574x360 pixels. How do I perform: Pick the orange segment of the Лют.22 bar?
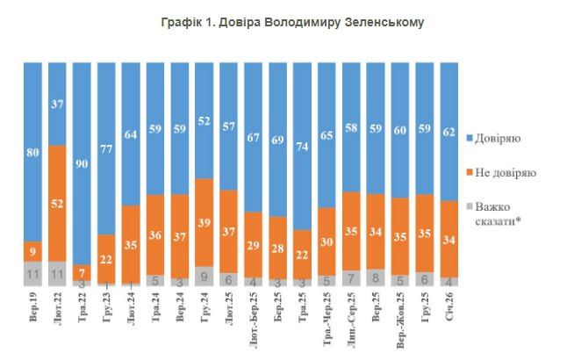coord(57,203)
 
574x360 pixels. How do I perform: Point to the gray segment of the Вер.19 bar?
coord(32,274)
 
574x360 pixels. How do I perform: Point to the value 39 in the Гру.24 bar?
coord(204,223)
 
